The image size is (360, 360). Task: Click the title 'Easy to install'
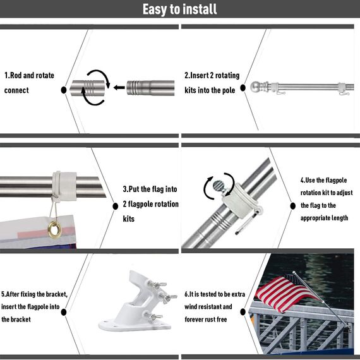click(x=179, y=9)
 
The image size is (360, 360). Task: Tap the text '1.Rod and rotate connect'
click(x=30, y=83)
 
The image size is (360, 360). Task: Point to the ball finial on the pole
click(x=255, y=87)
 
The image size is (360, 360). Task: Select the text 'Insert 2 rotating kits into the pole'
click(x=210, y=83)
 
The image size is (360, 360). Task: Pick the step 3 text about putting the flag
click(x=150, y=204)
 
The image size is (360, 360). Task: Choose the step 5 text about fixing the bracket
click(x=34, y=306)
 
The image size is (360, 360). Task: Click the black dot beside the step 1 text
click(x=64, y=91)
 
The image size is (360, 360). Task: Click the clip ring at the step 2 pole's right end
click(x=341, y=87)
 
